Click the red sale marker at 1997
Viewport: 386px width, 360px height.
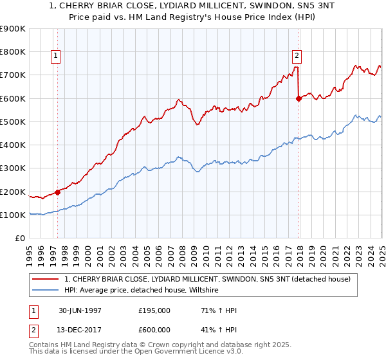[x=58, y=192]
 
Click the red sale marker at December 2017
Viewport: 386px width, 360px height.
[x=299, y=98]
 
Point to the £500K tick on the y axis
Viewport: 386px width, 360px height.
[x=13, y=122]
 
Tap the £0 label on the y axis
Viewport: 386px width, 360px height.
[x=20, y=239]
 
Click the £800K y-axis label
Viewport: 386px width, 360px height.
[x=13, y=52]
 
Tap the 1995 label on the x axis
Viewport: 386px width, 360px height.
[x=29, y=254]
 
